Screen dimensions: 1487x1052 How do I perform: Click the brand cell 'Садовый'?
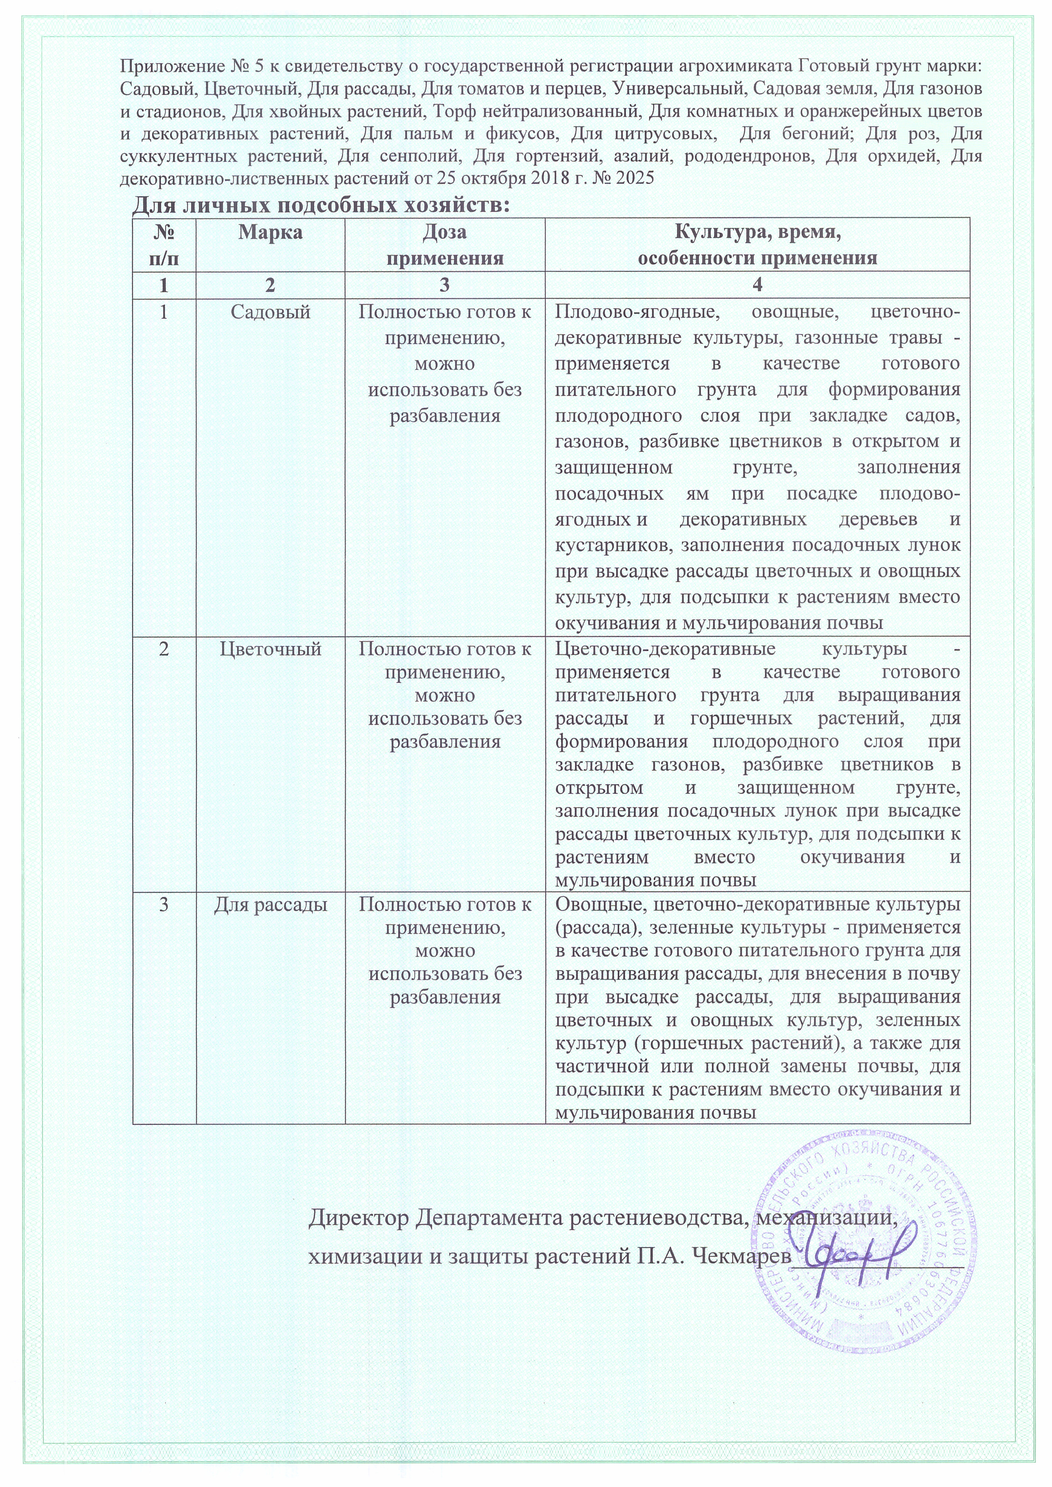pos(270,312)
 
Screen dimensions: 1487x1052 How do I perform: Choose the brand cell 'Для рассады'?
pos(270,904)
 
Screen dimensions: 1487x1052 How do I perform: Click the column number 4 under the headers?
pos(757,285)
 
